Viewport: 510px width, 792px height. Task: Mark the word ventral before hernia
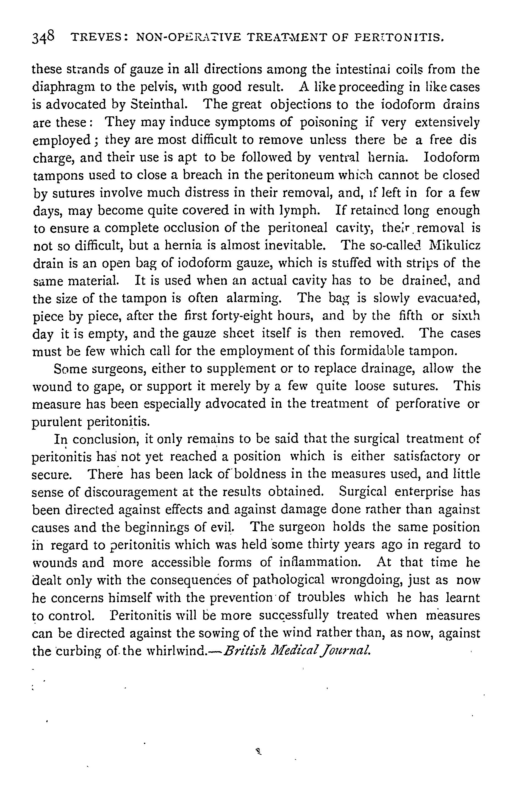[339, 157]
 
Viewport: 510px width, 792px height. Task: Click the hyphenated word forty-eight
[259, 316]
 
